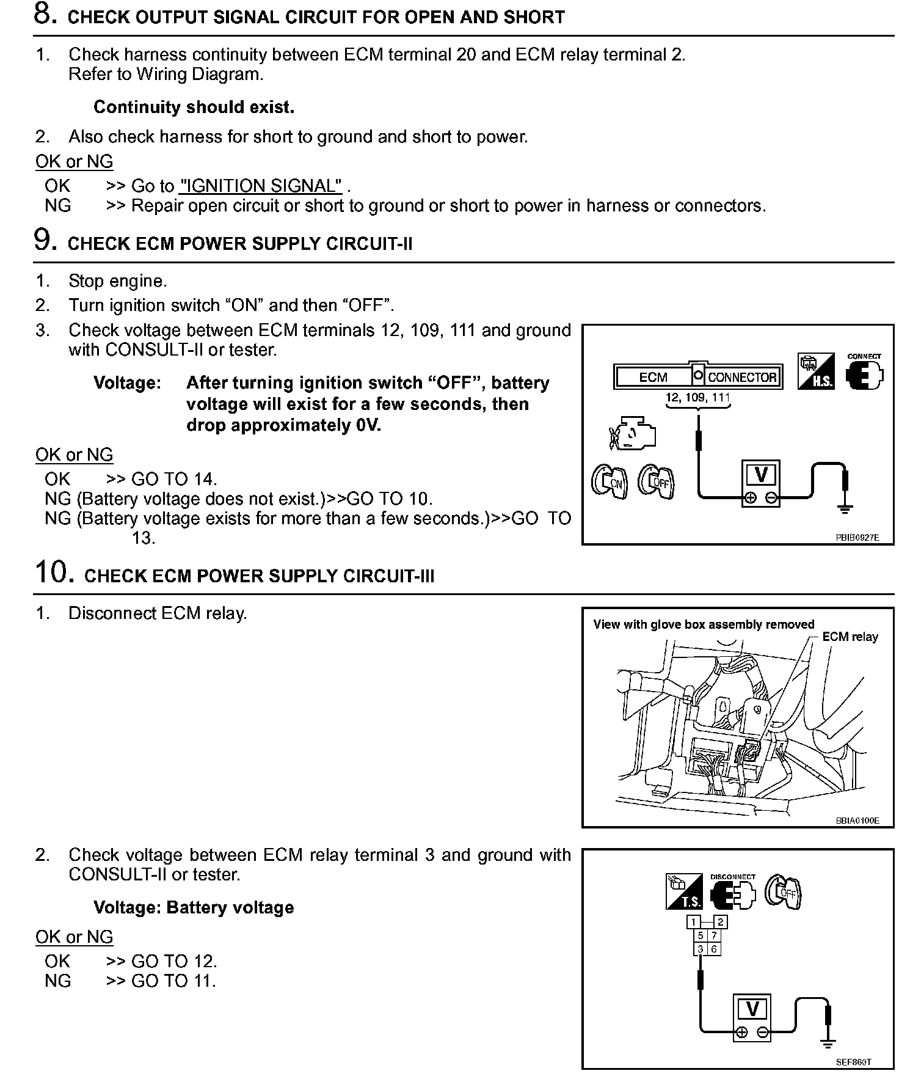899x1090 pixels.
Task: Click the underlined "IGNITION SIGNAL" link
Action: (x=260, y=186)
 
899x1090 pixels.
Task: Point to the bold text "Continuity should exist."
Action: (x=194, y=108)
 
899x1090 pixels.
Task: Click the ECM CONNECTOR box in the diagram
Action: (x=697, y=376)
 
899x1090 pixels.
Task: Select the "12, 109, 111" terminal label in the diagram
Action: (x=697, y=398)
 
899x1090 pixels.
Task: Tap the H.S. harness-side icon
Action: (x=816, y=372)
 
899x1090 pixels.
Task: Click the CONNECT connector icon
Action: (x=864, y=373)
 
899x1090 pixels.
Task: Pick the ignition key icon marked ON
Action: (x=609, y=481)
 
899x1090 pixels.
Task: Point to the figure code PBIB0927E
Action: (x=857, y=538)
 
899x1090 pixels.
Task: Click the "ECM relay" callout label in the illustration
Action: (x=850, y=637)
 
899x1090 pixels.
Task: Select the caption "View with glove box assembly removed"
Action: (x=704, y=624)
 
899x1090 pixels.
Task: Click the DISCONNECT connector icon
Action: (x=732, y=893)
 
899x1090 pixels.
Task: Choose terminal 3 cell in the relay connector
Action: (x=700, y=949)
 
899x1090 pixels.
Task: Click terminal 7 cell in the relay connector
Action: (x=713, y=935)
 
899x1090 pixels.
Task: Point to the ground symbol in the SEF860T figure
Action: (x=829, y=1042)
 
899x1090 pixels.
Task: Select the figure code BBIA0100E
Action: (x=857, y=821)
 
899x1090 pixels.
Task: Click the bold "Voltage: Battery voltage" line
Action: (x=194, y=907)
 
